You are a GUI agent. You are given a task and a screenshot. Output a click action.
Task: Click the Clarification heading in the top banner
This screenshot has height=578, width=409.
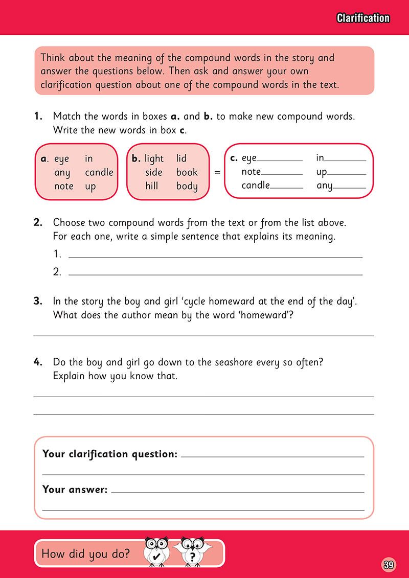coord(363,18)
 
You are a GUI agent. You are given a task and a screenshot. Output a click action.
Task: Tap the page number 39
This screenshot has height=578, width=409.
coord(388,565)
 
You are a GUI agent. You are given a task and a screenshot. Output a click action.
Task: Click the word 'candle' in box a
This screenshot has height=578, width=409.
coord(99,172)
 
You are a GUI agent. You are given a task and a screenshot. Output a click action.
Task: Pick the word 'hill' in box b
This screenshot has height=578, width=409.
coord(151,186)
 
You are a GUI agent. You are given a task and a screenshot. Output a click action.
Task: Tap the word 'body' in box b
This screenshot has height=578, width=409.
coord(187,186)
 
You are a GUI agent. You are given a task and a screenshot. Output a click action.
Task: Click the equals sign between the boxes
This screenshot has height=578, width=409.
coord(217,173)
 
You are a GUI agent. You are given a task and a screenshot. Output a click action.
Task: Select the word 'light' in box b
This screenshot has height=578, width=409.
coord(154,159)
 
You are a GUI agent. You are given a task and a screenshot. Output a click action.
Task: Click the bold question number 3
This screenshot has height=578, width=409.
coord(37,302)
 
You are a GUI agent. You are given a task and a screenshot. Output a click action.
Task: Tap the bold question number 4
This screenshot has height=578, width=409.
coord(37,362)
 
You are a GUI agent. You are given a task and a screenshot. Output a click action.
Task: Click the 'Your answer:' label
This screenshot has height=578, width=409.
coord(75,490)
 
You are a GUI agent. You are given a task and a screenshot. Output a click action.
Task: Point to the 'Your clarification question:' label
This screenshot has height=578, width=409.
coord(110,453)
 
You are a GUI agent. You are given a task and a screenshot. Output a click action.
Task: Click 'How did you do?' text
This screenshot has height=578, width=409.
coord(85,553)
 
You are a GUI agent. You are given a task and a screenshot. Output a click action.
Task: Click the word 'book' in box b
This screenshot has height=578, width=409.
coord(187,172)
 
